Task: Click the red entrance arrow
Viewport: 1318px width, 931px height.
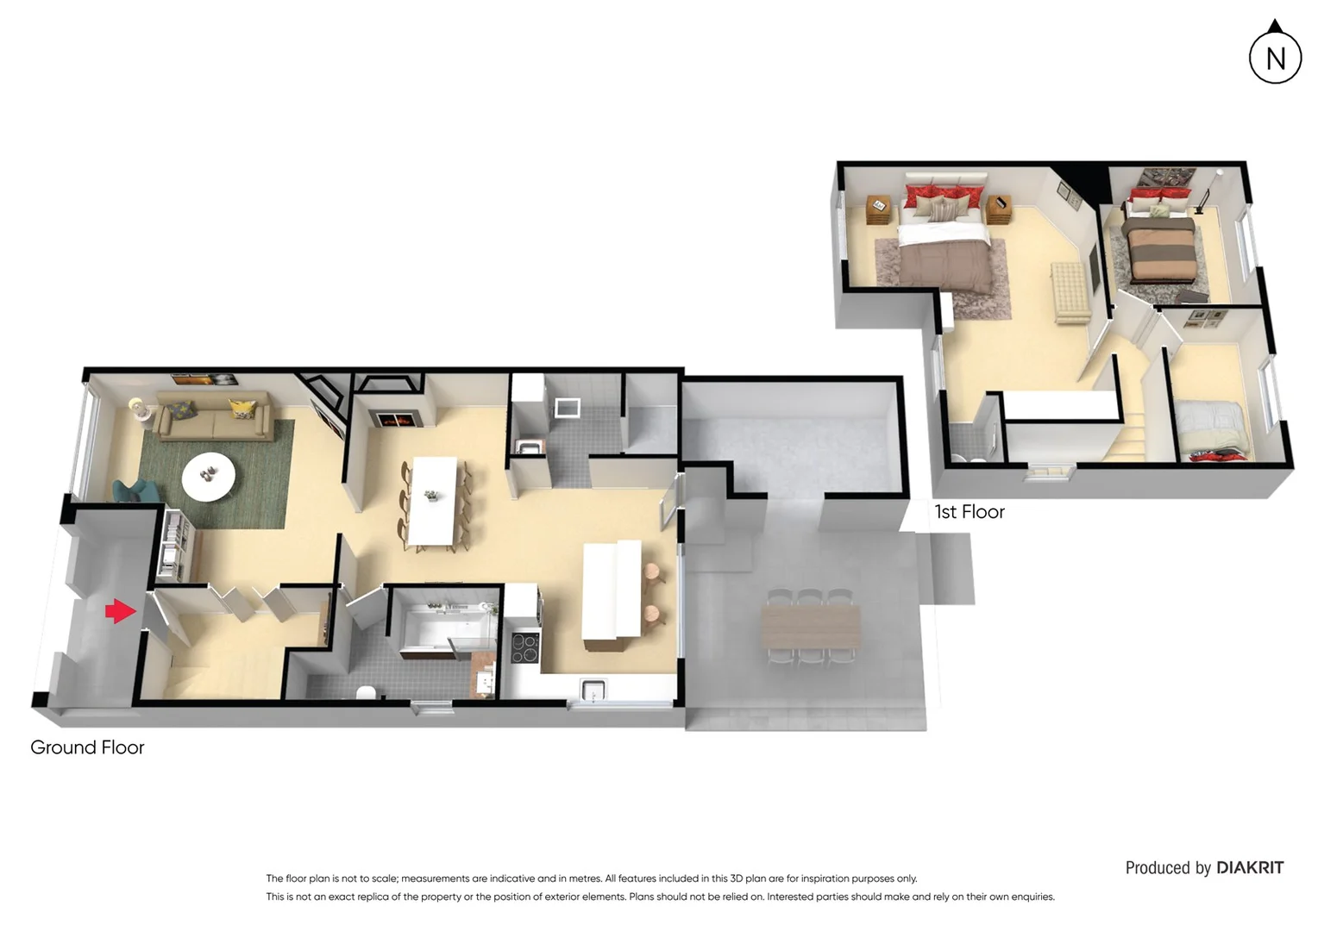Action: pyautogui.click(x=120, y=611)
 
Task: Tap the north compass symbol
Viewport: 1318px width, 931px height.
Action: pyautogui.click(x=1275, y=58)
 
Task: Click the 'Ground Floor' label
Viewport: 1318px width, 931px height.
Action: pyautogui.click(x=87, y=747)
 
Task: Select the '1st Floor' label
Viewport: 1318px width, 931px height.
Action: pyautogui.click(x=970, y=512)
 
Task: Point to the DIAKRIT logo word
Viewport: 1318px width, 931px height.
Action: pyautogui.click(x=1250, y=868)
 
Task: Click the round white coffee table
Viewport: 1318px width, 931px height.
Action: pyautogui.click(x=208, y=476)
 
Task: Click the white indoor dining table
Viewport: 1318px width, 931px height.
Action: pyautogui.click(x=432, y=501)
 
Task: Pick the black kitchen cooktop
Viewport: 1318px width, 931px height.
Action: pyautogui.click(x=524, y=648)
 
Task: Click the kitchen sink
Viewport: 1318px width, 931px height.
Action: pyautogui.click(x=593, y=690)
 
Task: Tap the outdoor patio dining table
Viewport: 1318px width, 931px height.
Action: pyautogui.click(x=811, y=627)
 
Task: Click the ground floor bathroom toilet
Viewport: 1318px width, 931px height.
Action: pyautogui.click(x=366, y=691)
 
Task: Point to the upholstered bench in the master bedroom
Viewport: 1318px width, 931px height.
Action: pyautogui.click(x=1070, y=292)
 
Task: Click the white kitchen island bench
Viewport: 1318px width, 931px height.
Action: pyautogui.click(x=612, y=590)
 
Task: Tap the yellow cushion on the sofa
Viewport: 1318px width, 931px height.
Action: pyautogui.click(x=242, y=408)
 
